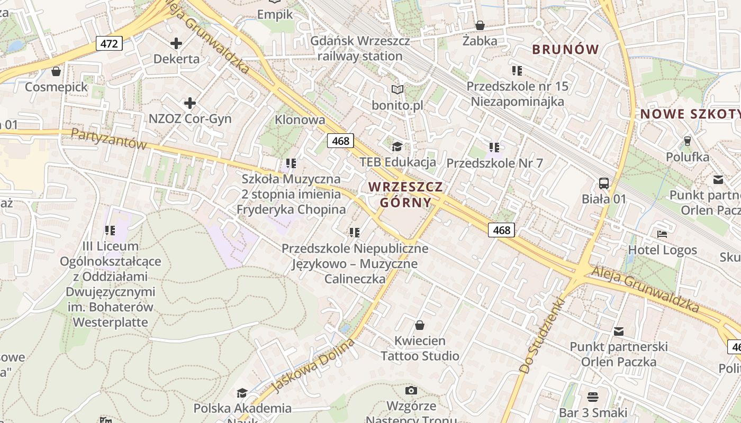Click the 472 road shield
[x=109, y=43]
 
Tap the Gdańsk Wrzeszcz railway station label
[x=356, y=48]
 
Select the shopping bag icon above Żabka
[x=480, y=25]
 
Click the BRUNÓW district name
[x=565, y=50]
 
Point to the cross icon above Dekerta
[x=176, y=43]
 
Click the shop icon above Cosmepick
[x=56, y=71]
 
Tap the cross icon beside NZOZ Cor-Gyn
[x=190, y=103]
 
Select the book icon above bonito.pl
[x=397, y=90]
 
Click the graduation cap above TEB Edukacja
[x=397, y=146]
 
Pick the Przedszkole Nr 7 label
[x=494, y=163]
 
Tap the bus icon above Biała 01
[x=604, y=183]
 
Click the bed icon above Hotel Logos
[x=662, y=234]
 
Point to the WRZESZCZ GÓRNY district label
[x=405, y=194]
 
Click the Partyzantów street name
[x=109, y=139]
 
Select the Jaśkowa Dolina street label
[x=312, y=366]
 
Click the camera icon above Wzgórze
[x=411, y=391]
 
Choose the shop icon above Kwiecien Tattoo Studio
[x=420, y=325]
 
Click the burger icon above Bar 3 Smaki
[x=593, y=397]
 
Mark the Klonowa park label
[x=300, y=119]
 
